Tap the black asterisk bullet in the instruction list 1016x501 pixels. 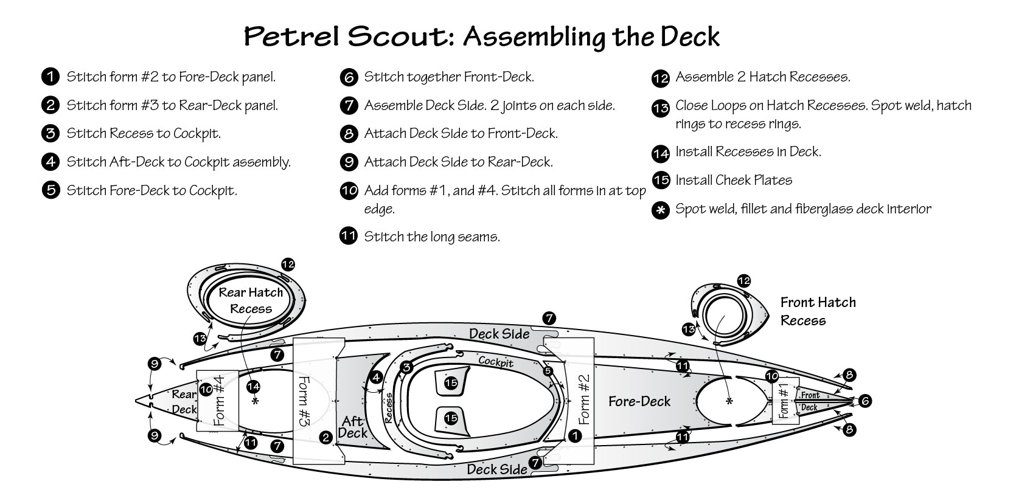(x=660, y=210)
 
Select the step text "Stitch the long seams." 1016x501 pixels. (x=432, y=237)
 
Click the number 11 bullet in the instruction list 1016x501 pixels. (x=349, y=236)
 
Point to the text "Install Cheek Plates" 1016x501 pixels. (x=734, y=180)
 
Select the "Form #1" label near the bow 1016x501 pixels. (x=784, y=401)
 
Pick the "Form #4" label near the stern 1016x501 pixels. (x=218, y=401)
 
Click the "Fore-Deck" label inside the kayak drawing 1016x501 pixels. (x=639, y=401)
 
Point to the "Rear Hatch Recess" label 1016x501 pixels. (x=251, y=300)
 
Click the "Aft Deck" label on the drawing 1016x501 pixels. (x=352, y=427)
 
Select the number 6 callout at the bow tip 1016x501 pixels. (x=864, y=401)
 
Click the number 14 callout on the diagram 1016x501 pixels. (x=254, y=386)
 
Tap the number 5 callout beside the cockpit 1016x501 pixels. (x=548, y=371)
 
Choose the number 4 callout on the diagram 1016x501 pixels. (x=376, y=378)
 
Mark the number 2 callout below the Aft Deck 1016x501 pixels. (x=326, y=437)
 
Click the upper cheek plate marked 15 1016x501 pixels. (x=450, y=383)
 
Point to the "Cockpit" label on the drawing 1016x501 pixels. (x=495, y=362)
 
